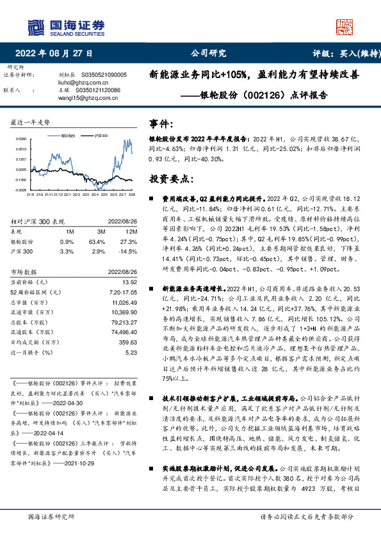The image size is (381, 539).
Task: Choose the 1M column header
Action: click(70, 231)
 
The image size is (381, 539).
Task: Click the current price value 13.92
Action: click(131, 282)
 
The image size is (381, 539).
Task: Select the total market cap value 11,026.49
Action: click(124, 301)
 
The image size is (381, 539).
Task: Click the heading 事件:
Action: click(161, 123)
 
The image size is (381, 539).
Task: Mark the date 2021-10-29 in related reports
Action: click(96, 462)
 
